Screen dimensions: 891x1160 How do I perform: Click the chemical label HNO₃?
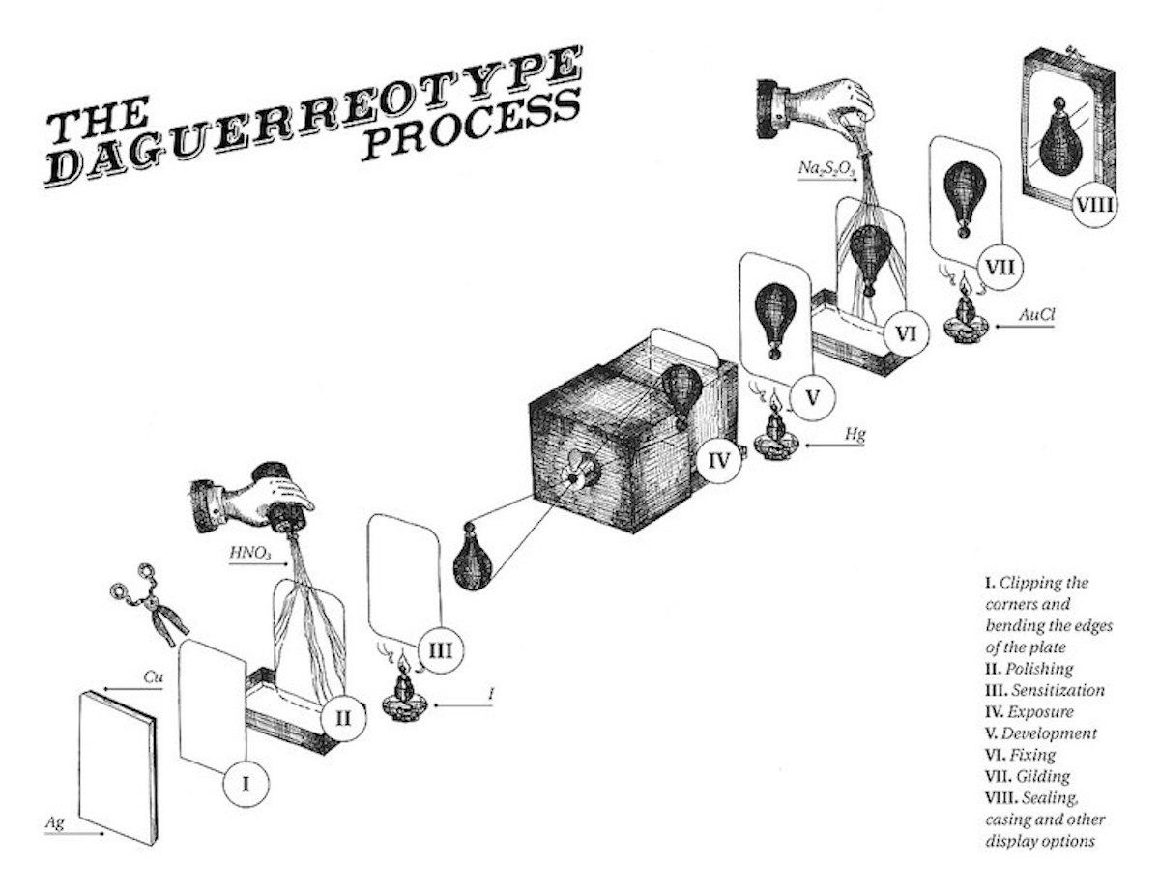248,554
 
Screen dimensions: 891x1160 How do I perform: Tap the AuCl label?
1038,315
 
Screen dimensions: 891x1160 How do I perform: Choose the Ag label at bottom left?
56,822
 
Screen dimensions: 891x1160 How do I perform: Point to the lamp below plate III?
400,694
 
